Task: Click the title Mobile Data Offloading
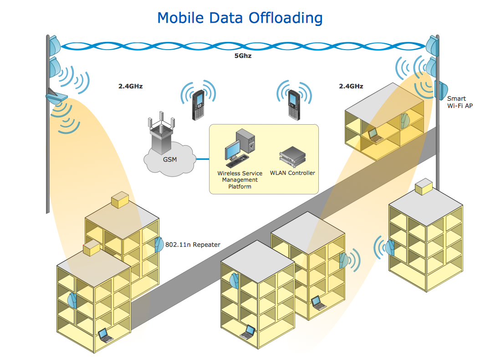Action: (240, 18)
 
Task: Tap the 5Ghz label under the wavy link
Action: (243, 56)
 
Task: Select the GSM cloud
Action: (169, 160)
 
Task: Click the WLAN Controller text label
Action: (292, 173)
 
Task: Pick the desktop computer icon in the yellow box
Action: (240, 146)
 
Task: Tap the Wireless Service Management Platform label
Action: (240, 180)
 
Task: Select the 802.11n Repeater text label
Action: (193, 245)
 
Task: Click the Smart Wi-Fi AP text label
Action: (460, 102)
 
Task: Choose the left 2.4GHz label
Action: (130, 86)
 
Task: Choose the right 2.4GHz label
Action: (351, 86)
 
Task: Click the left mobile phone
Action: (198, 105)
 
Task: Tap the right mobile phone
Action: (294, 104)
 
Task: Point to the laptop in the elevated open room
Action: (374, 135)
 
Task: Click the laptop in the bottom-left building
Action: (105, 335)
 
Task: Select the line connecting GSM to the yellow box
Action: (202, 159)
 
